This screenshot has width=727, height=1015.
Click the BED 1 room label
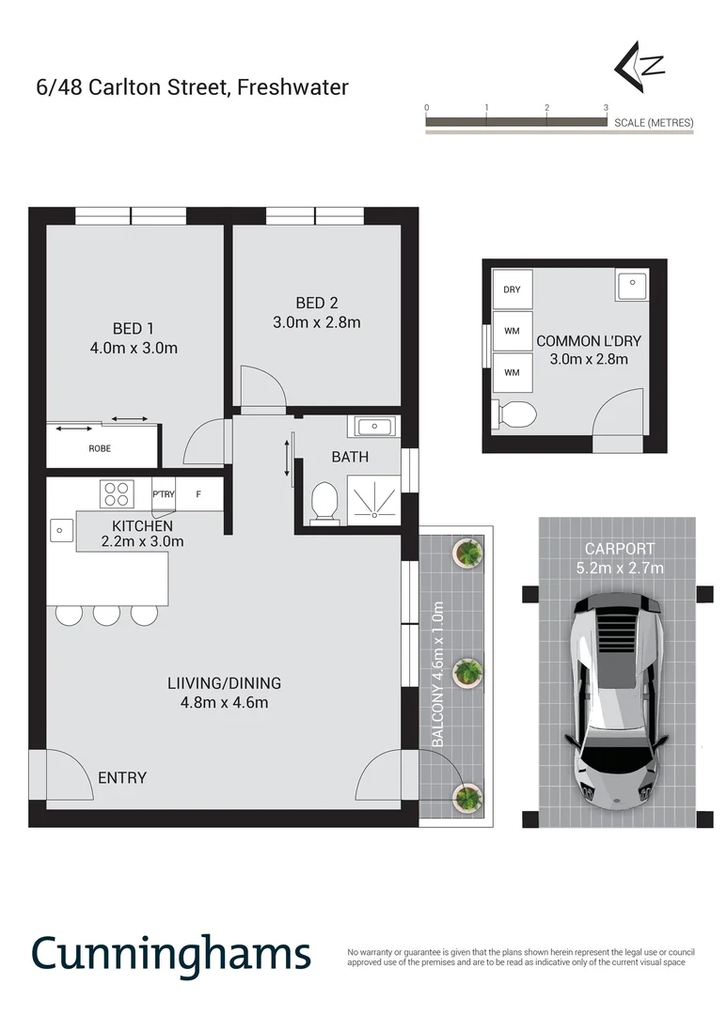133,328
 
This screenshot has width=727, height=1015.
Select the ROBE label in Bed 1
100,448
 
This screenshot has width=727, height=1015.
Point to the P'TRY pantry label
164,493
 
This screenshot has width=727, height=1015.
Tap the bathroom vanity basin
373,428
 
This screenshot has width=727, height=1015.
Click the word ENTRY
122,777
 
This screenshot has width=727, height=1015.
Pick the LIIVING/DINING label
219,683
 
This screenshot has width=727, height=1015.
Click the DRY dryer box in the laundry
512,289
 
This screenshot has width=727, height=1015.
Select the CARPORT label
618,548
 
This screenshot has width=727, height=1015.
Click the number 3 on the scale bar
606,108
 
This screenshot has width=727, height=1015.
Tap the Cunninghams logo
170,953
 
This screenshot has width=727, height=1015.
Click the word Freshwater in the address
292,87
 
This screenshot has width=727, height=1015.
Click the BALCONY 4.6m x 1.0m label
437,674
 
